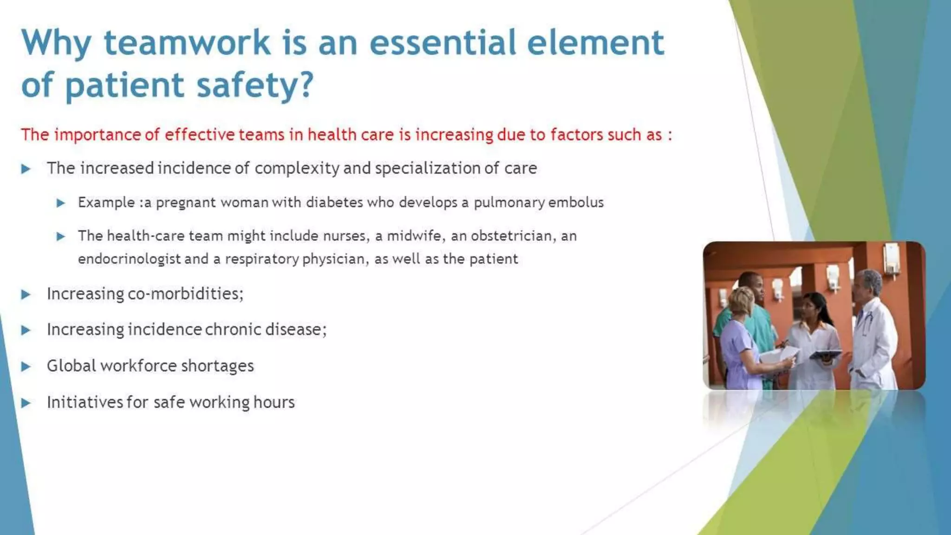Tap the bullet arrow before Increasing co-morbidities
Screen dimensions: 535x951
pos(26,294)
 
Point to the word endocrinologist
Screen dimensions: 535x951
pos(129,259)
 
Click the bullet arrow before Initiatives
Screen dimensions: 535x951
pos(26,403)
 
